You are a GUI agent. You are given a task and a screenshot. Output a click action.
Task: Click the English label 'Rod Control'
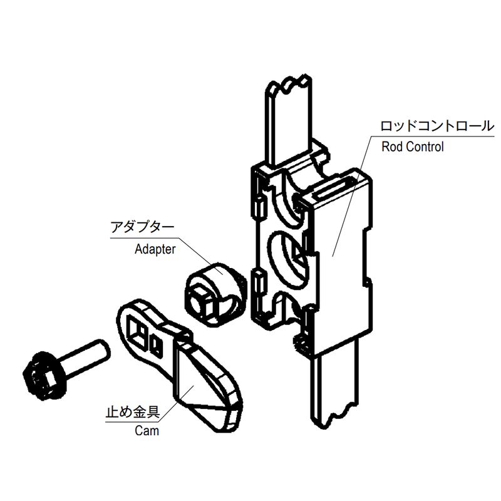click(x=413, y=147)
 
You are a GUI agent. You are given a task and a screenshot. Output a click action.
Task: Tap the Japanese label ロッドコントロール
click(x=437, y=126)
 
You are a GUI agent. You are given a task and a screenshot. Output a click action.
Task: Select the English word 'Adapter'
click(x=155, y=249)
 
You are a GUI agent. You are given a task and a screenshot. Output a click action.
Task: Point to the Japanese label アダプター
click(x=142, y=227)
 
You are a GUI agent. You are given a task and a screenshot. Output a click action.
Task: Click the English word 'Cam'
click(x=147, y=431)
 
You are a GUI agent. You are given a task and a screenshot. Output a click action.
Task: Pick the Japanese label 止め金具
click(x=133, y=411)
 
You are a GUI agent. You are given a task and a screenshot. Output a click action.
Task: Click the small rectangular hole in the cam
click(x=157, y=344)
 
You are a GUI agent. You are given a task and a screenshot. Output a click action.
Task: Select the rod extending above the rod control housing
click(x=289, y=120)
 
